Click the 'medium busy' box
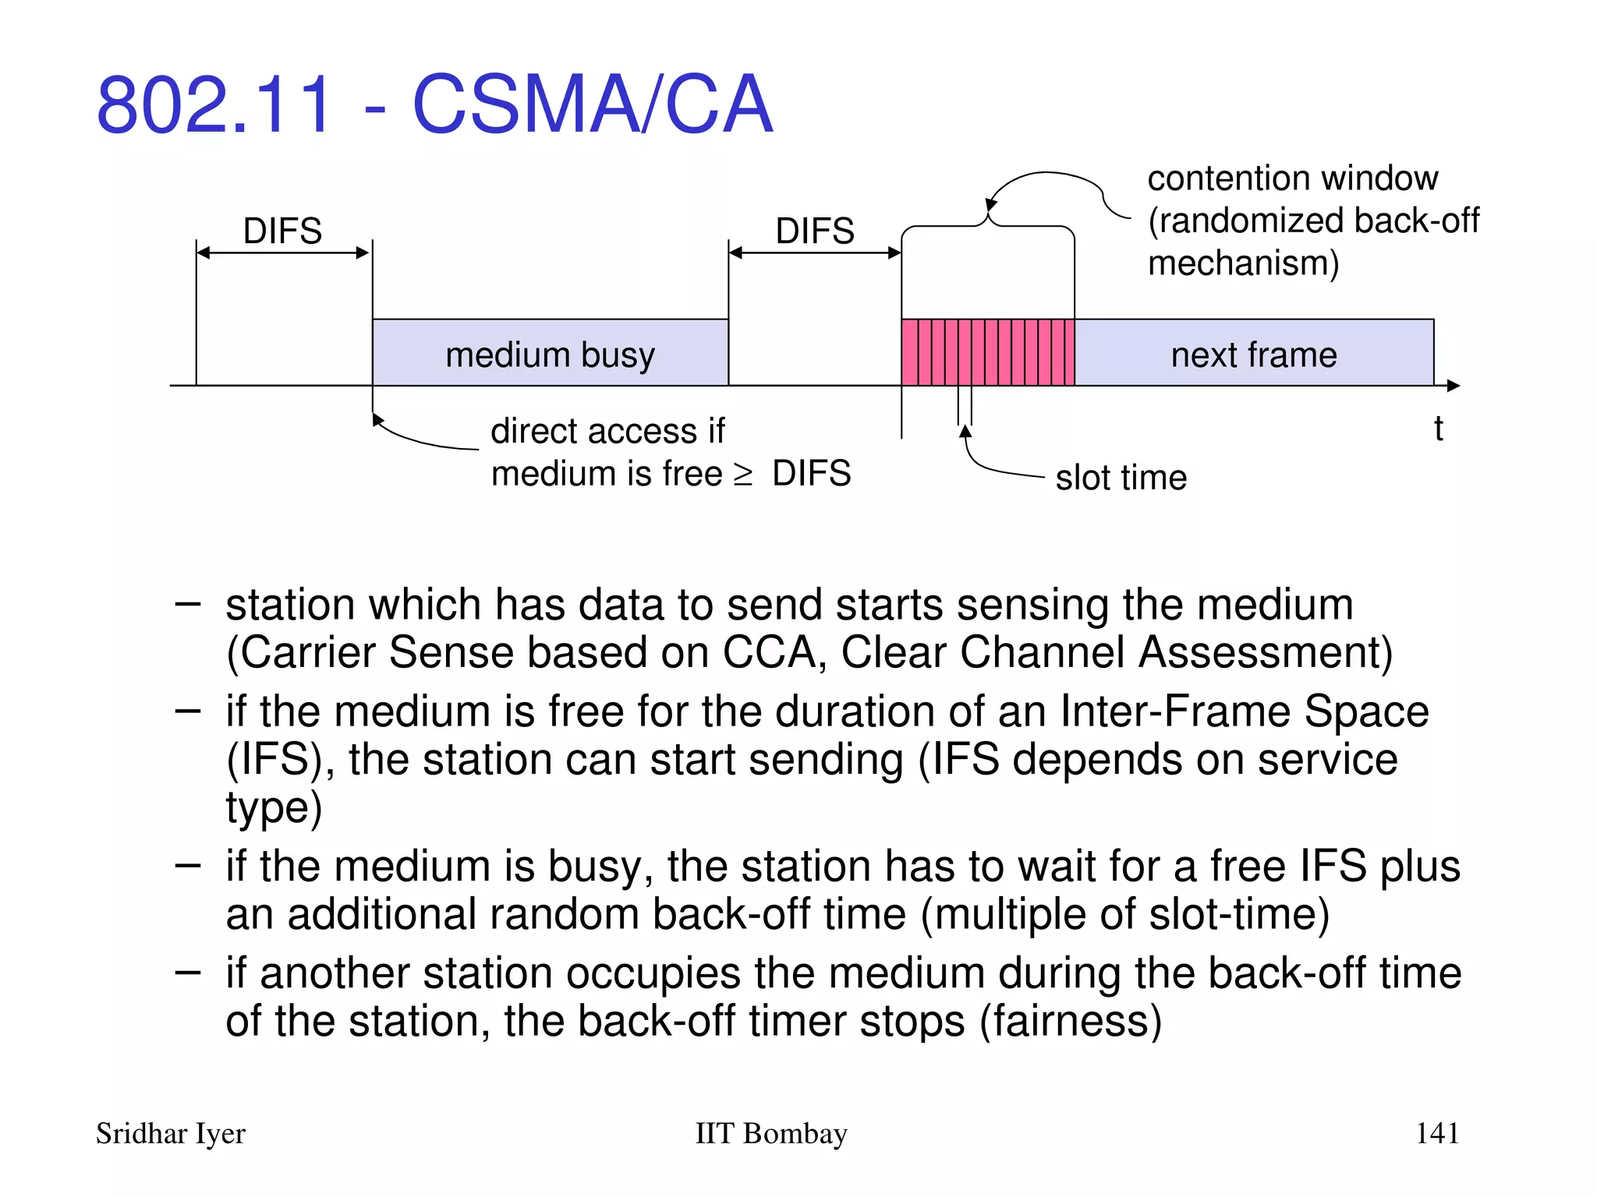[x=550, y=353]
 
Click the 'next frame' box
[x=1254, y=353]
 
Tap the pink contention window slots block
[x=987, y=352]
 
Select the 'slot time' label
[x=1121, y=477]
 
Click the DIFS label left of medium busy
[x=282, y=231]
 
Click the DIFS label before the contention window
[x=815, y=231]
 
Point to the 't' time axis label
[x=1438, y=429]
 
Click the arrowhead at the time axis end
[x=1453, y=385]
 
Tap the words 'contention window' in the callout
[x=1292, y=178]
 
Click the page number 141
[x=1436, y=1132]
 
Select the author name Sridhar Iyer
[x=171, y=1133]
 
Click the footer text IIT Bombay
[x=770, y=1133]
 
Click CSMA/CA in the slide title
[x=592, y=104]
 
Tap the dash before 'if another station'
[x=188, y=972]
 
